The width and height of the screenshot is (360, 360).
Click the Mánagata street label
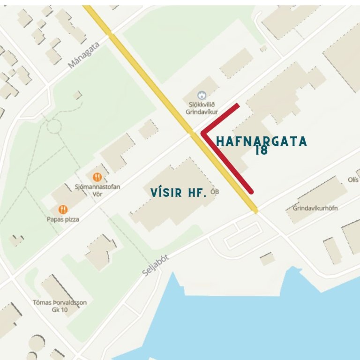tap(85, 54)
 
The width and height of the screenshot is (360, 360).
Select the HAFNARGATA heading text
tap(262, 141)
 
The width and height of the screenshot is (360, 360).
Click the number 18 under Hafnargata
tap(262, 151)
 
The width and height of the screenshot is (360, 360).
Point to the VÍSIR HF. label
tap(179, 192)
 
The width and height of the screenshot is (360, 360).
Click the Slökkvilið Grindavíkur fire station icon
tap(202, 95)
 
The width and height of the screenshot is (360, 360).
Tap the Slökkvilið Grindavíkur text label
tap(202, 108)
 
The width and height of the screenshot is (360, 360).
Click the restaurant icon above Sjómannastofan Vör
tap(97, 177)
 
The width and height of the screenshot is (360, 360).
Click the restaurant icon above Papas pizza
tap(63, 209)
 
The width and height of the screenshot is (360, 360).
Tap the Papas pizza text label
tap(63, 219)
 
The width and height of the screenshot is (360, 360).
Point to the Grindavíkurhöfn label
tap(315, 208)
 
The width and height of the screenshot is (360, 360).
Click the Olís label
tap(353, 180)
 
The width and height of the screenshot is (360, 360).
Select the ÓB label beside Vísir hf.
tap(215, 192)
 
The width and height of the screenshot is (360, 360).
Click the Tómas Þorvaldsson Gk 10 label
tap(60, 306)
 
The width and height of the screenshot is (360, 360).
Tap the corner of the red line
tap(203, 133)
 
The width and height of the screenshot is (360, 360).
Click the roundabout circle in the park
tap(53, 126)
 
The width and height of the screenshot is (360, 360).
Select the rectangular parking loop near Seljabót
tap(242, 236)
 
